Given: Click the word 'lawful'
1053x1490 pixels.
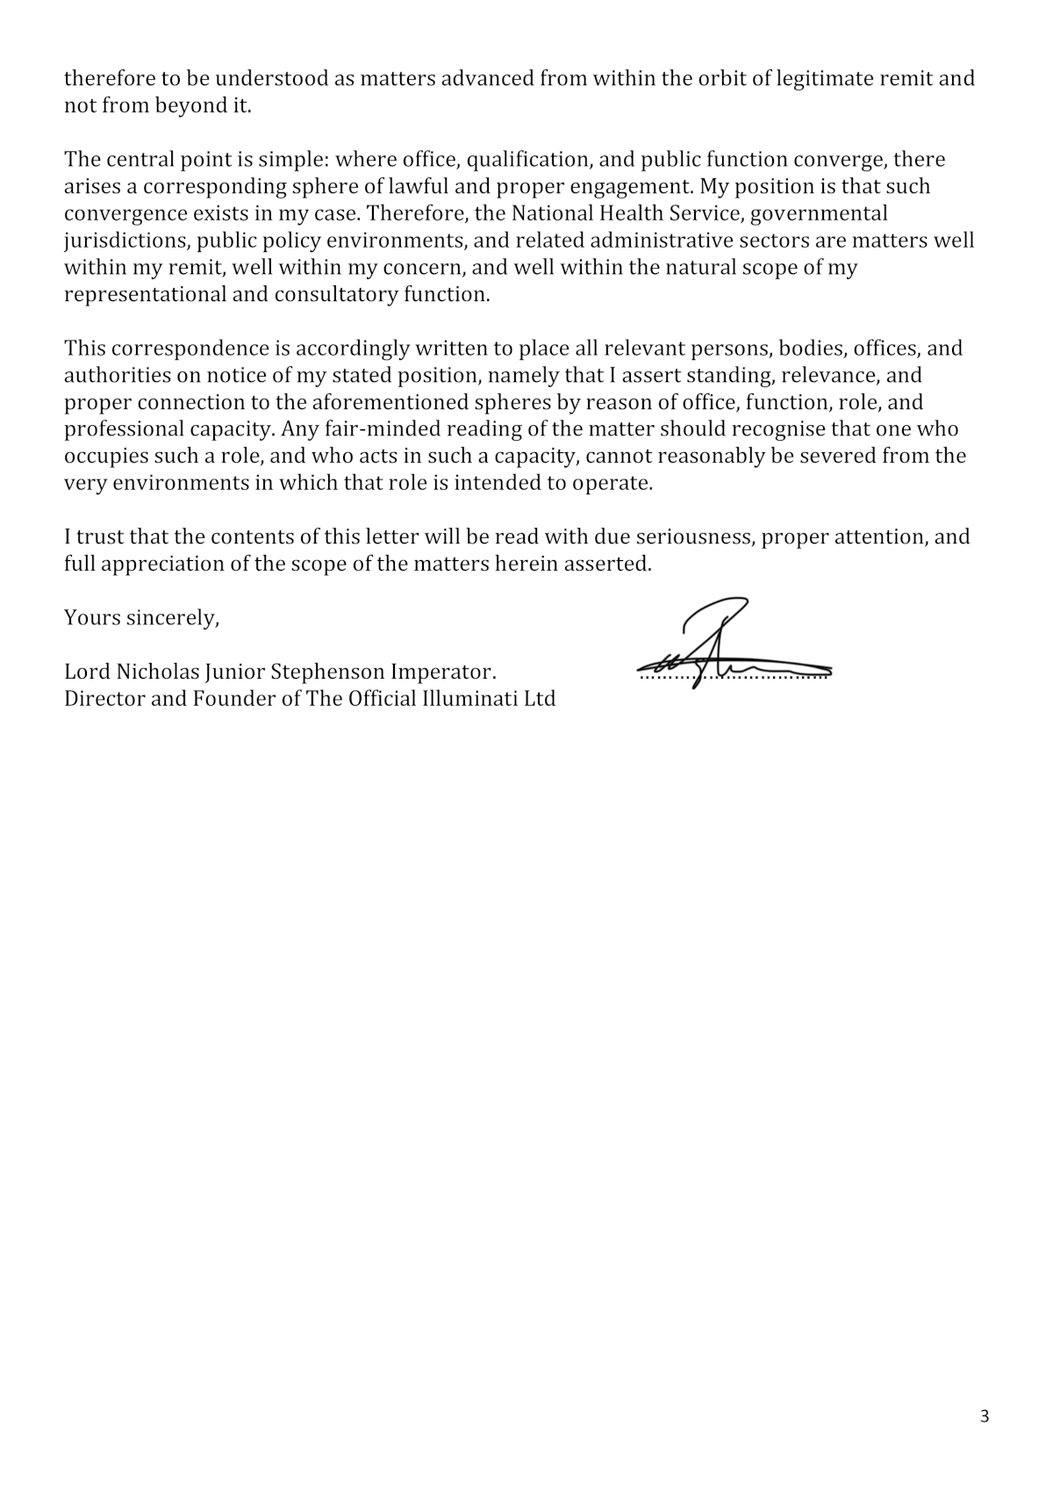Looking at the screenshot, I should [x=412, y=187].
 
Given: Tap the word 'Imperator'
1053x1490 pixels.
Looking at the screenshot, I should [x=443, y=673].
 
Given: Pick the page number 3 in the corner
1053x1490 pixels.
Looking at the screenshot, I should [x=984, y=1416].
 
